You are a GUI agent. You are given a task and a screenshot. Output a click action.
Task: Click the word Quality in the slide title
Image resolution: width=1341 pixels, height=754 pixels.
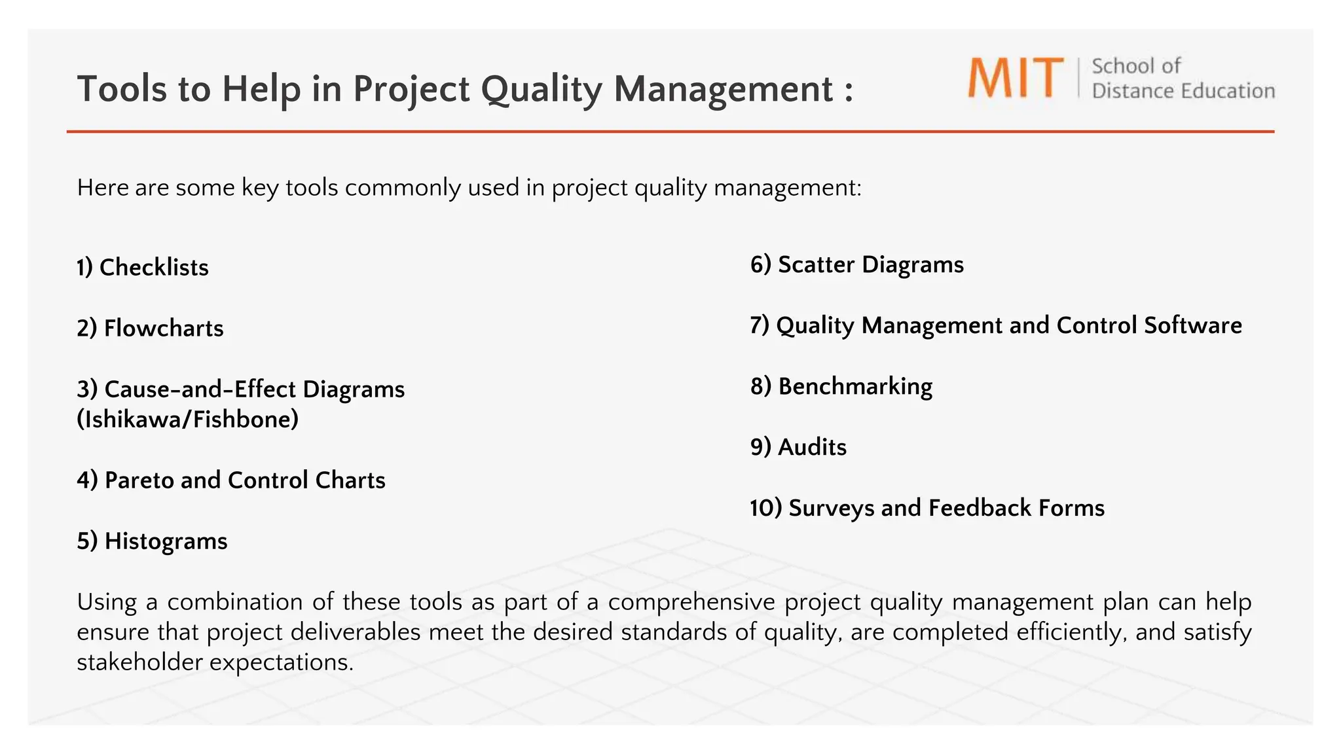point(542,89)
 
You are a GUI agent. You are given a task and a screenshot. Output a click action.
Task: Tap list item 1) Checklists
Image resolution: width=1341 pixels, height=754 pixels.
point(143,267)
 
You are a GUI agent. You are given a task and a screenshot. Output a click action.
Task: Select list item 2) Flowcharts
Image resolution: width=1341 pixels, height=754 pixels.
point(150,328)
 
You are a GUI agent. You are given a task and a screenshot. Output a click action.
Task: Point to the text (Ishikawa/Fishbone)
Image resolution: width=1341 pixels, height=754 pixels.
point(187,419)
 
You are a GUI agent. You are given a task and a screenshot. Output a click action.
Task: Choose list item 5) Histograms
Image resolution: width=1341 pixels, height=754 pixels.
point(152,541)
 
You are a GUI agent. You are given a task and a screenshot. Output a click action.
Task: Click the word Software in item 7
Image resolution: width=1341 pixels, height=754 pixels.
point(1192,325)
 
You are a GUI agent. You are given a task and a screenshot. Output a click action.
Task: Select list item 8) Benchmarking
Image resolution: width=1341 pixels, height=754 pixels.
point(841,386)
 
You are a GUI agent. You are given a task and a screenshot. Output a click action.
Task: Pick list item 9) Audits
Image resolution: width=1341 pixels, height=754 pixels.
point(798,447)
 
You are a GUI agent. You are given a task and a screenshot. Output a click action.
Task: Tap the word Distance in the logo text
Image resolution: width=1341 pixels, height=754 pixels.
point(1129,91)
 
